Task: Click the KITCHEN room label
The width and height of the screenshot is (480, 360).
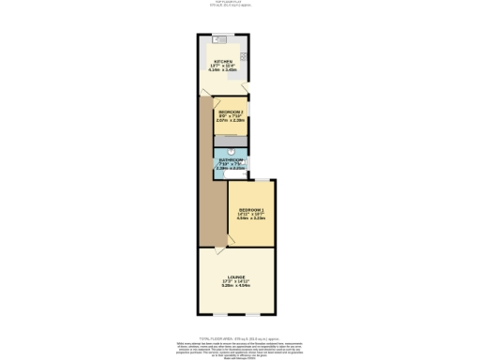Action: point(221,61)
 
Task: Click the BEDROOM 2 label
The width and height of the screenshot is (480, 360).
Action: point(231,111)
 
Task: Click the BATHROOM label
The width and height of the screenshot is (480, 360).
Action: point(232,159)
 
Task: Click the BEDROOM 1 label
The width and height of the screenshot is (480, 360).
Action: point(250,209)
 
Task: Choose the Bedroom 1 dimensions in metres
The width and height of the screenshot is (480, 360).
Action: point(250,218)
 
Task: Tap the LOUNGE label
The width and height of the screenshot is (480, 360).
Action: point(235,278)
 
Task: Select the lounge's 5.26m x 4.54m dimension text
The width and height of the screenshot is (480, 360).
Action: point(235,288)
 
